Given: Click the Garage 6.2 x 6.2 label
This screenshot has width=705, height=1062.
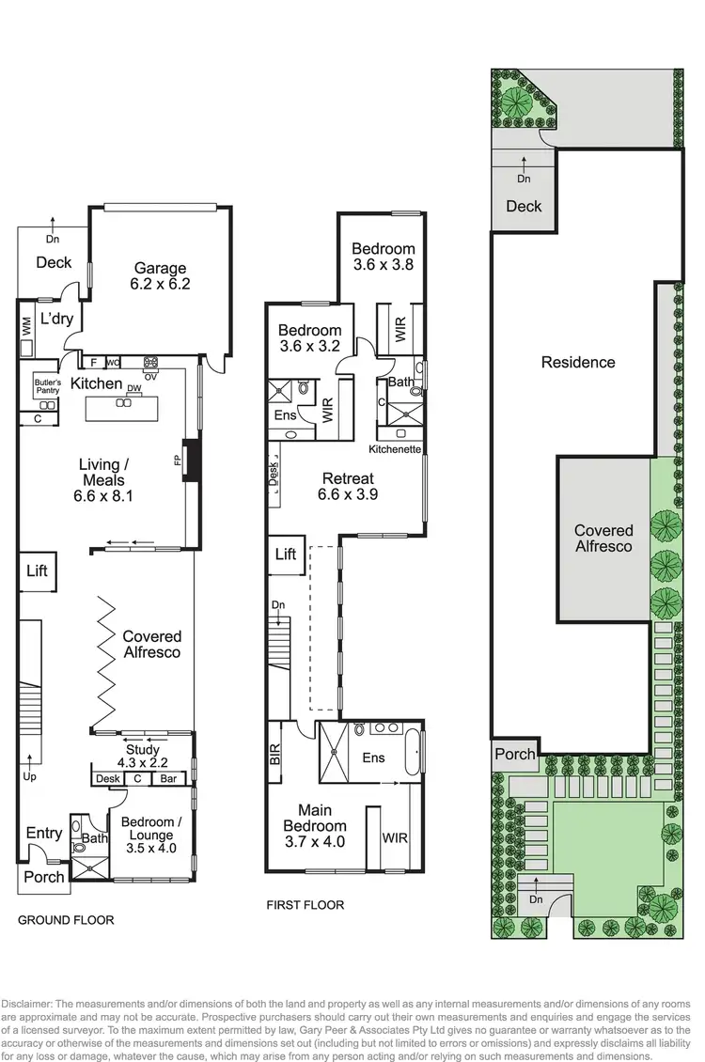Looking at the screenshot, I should coord(160,275).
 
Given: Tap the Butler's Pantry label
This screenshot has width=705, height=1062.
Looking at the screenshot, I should coord(47,385).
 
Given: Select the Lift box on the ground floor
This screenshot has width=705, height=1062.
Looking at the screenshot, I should coord(37,570).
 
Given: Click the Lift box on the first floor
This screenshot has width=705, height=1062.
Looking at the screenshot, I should coord(286,554).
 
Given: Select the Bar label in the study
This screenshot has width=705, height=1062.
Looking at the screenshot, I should coord(169,779).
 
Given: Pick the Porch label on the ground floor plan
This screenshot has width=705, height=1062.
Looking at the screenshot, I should coord(43,877).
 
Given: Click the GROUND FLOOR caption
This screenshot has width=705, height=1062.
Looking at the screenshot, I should coord(66,920).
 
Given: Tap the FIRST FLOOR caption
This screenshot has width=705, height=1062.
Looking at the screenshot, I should coord(306,905).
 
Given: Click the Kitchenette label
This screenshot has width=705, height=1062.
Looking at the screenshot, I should coord(394,450).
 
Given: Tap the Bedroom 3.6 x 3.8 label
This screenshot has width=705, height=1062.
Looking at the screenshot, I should coord(383,257).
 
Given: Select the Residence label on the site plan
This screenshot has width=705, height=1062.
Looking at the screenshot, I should coord(578,362).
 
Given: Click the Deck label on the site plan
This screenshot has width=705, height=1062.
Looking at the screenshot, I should coord(524,206).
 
